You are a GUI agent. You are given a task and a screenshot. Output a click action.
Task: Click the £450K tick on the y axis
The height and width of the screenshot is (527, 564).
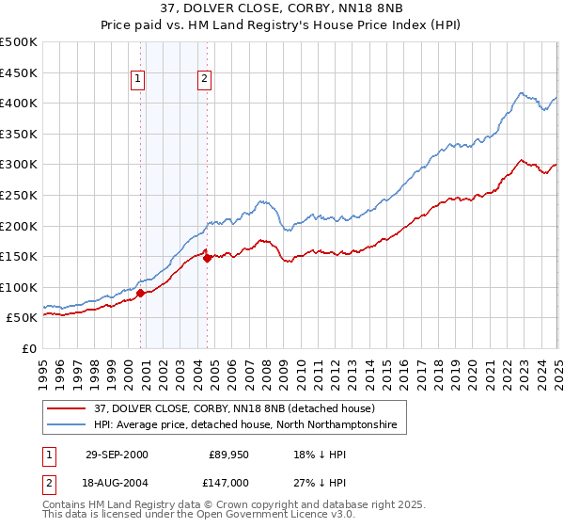pos(19,72)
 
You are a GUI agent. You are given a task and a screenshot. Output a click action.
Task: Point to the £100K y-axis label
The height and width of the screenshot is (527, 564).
pos(19,287)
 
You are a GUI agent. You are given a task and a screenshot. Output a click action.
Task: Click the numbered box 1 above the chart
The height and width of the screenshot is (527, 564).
pos(138,80)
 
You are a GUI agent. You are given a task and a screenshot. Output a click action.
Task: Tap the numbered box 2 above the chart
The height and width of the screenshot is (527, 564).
pos(204,80)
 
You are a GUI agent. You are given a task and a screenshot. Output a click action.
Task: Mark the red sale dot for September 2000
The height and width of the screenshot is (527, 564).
pos(141,293)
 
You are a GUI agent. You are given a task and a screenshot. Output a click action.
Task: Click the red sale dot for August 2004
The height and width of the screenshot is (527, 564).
pos(207,258)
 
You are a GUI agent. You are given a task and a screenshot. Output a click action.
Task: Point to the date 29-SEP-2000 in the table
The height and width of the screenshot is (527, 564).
pos(117,454)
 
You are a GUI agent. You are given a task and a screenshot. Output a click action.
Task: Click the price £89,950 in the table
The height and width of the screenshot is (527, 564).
pos(228,454)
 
